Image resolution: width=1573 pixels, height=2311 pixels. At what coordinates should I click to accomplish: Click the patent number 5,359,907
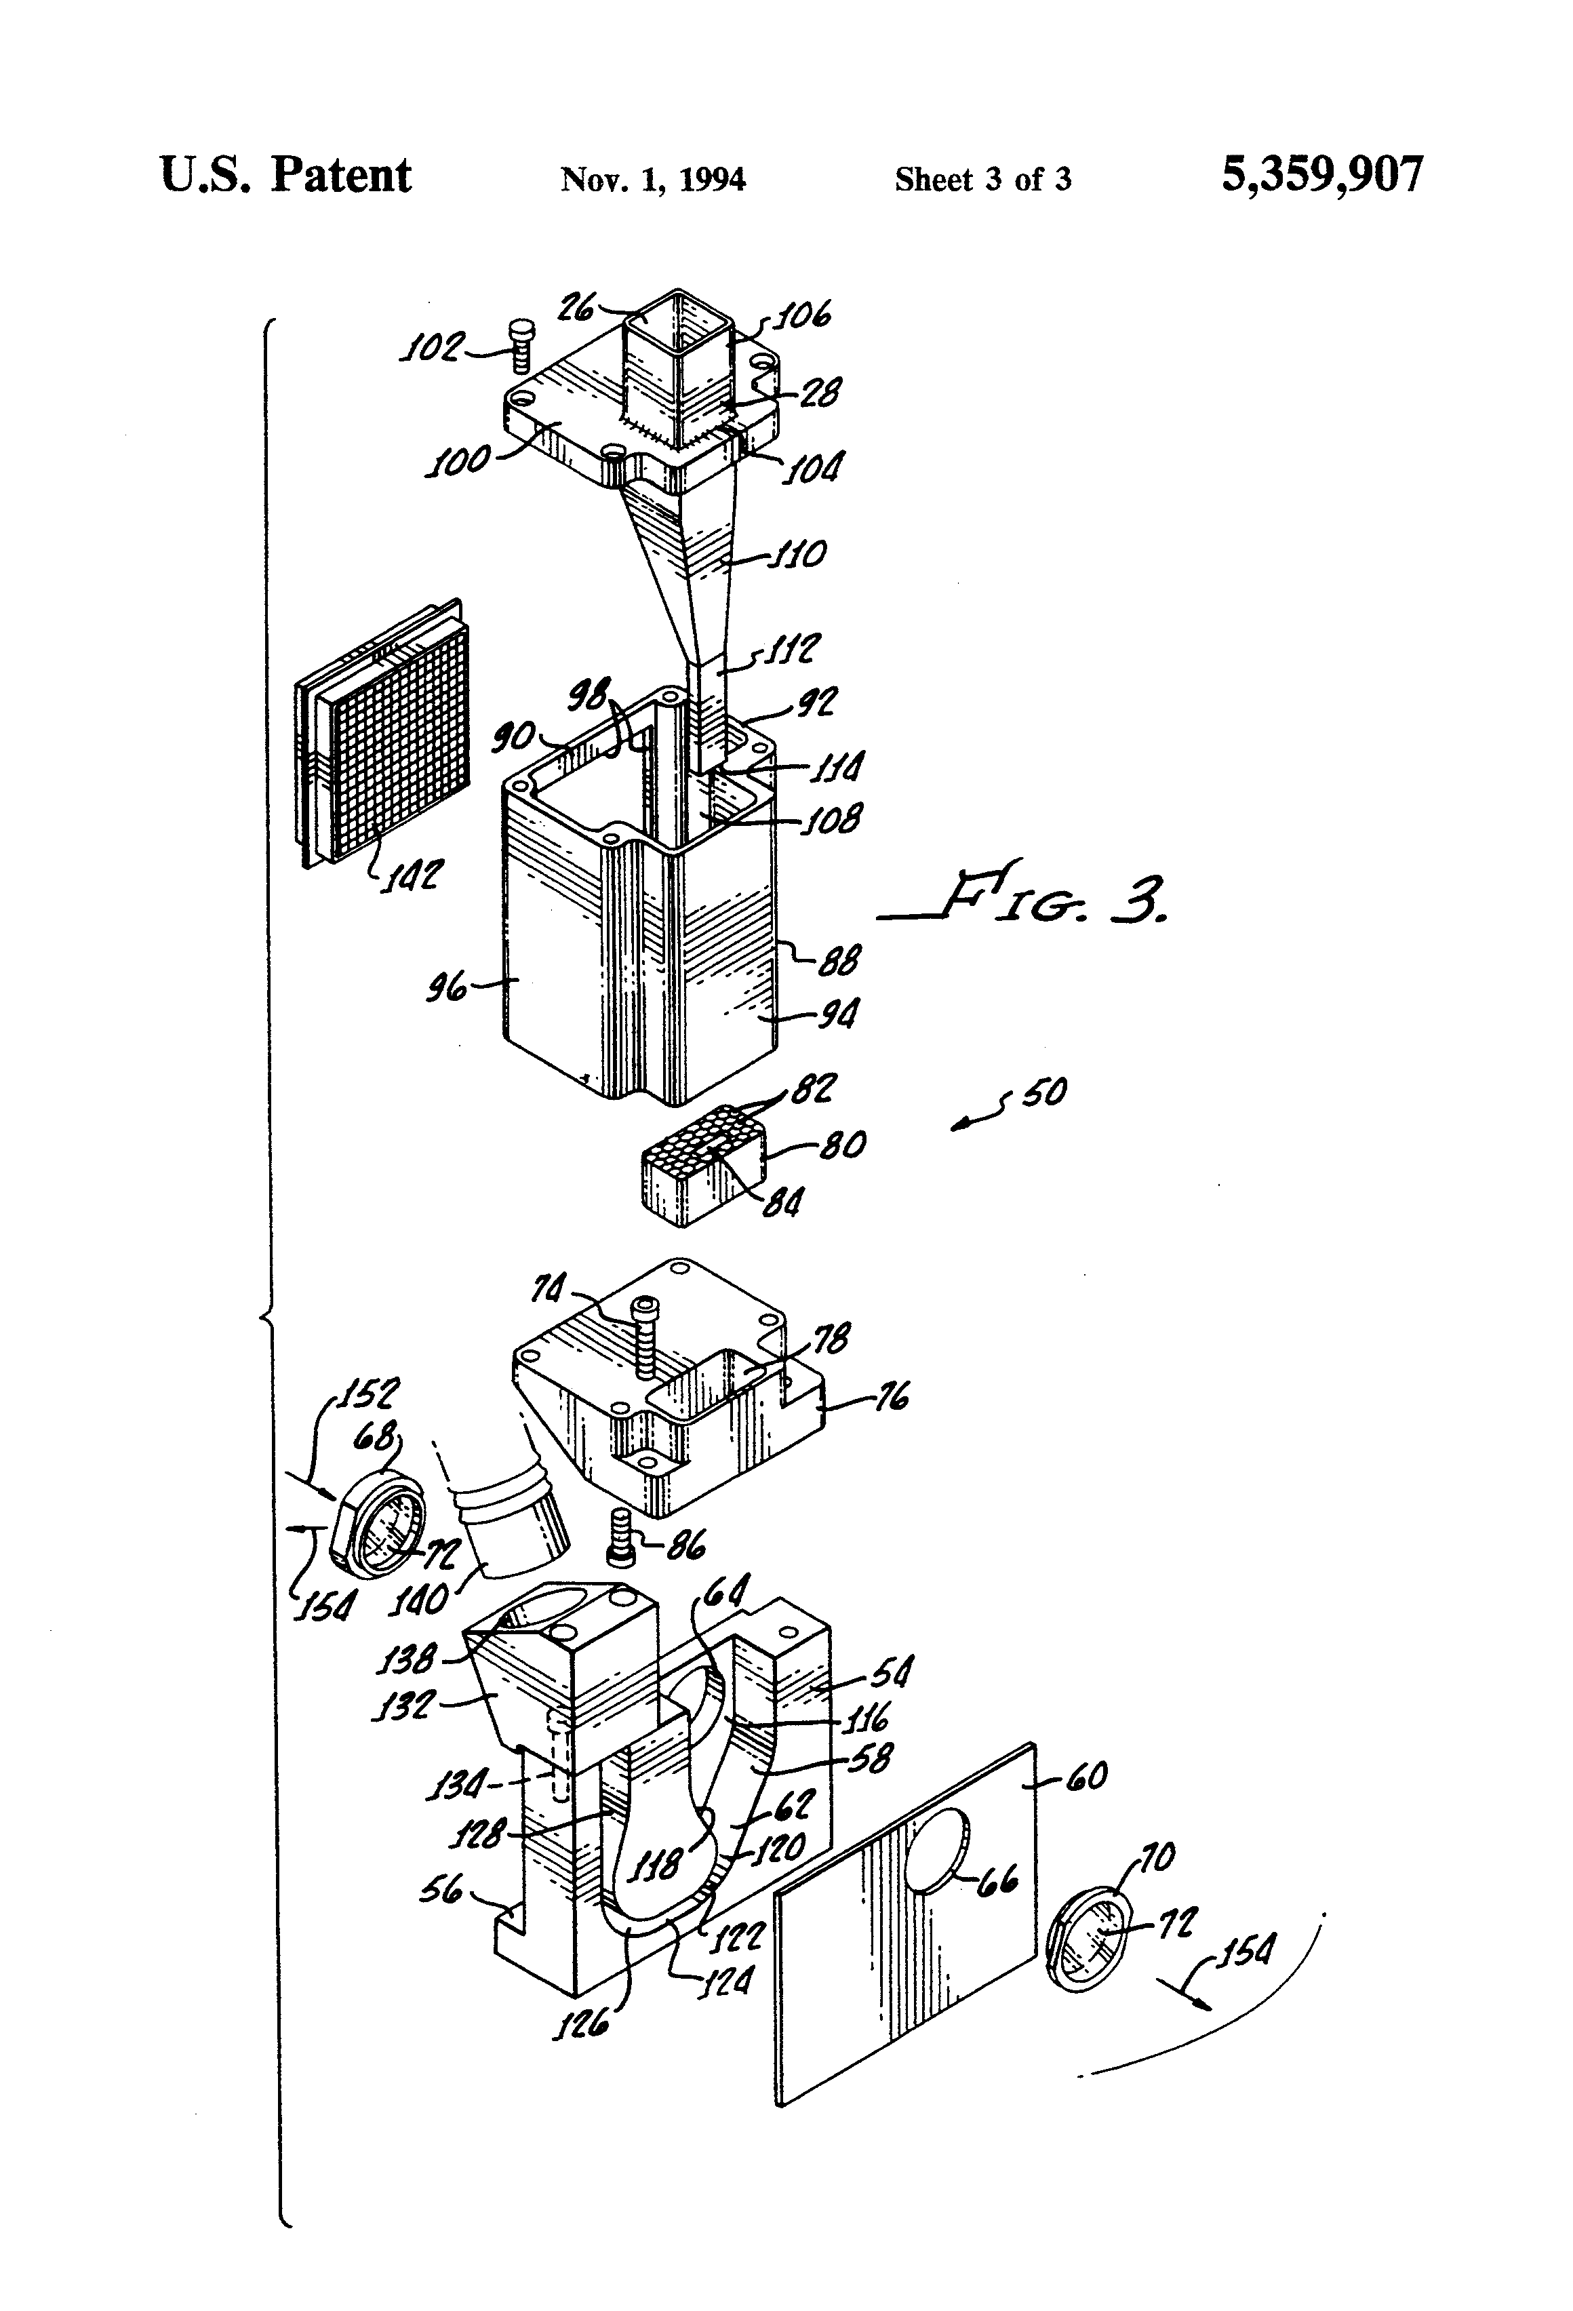click(1321, 175)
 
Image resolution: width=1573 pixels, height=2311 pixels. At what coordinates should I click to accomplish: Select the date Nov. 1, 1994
click(652, 179)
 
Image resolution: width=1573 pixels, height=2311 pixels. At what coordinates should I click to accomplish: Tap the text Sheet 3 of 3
click(982, 179)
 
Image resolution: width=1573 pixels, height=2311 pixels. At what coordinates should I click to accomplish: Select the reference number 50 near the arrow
click(1043, 1093)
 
